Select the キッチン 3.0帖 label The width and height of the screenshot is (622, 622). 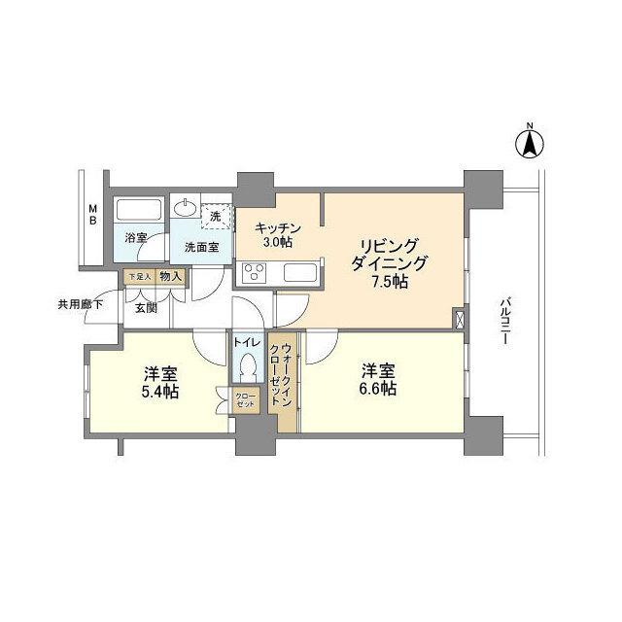click(x=277, y=234)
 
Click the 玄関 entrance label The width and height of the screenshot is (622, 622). click(x=146, y=308)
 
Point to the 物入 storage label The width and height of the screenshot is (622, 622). click(x=169, y=277)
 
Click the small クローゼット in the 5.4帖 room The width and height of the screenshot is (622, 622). click(x=245, y=400)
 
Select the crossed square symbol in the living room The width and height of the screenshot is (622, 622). click(x=458, y=318)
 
